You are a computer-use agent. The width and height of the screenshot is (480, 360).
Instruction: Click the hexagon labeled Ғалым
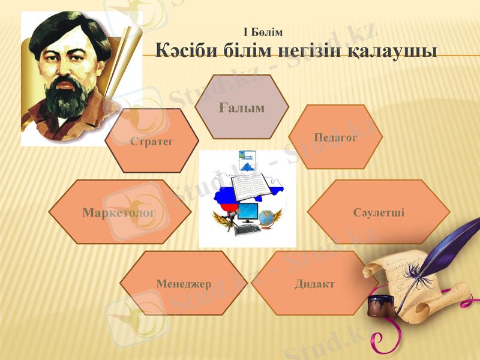tap(242, 107)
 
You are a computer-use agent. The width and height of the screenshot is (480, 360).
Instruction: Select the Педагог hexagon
tap(335, 137)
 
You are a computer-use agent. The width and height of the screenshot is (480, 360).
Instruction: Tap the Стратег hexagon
tap(151, 141)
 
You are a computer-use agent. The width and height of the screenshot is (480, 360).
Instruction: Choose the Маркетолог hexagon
tap(119, 212)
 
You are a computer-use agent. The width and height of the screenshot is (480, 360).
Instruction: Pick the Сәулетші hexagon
tap(379, 212)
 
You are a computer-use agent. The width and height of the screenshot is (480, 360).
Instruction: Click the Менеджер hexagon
tap(184, 283)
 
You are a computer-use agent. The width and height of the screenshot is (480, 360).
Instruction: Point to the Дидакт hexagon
tap(314, 283)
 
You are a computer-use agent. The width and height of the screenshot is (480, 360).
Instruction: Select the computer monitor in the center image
tap(247, 212)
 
